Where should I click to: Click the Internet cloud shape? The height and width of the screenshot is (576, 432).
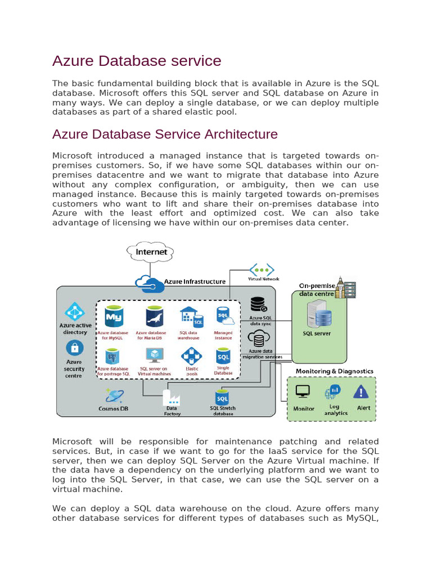pyautogui.click(x=151, y=252)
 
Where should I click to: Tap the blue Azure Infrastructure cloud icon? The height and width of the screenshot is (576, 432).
pyautogui.click(x=149, y=284)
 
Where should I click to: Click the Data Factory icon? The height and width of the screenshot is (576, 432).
pyautogui.click(x=172, y=397)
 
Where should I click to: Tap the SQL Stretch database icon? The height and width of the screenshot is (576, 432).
pyautogui.click(x=223, y=397)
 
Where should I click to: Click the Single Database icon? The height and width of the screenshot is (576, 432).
pyautogui.click(x=223, y=356)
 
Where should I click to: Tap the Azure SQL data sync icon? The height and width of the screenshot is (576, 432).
pyautogui.click(x=259, y=304)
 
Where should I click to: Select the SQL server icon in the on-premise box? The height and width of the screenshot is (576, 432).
pyautogui.click(x=316, y=314)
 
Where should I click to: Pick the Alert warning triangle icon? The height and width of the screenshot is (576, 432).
pyautogui.click(x=361, y=391)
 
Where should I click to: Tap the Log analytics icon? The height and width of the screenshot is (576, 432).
pyautogui.click(x=334, y=391)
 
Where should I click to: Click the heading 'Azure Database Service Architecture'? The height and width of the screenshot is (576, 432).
pyautogui.click(x=165, y=134)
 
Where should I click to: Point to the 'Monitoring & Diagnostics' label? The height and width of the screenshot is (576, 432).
pyautogui.click(x=334, y=371)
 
